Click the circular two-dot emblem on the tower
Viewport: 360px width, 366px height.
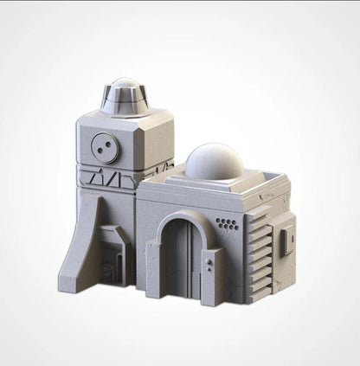(x=106, y=147)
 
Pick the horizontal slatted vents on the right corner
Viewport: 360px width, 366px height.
(x=259, y=247)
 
